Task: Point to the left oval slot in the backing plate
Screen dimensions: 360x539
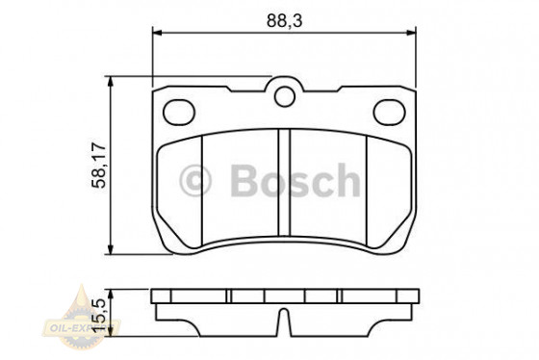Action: point(179,113)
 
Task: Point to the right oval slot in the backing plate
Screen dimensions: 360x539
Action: point(389,113)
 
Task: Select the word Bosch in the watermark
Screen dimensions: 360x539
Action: point(293,179)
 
